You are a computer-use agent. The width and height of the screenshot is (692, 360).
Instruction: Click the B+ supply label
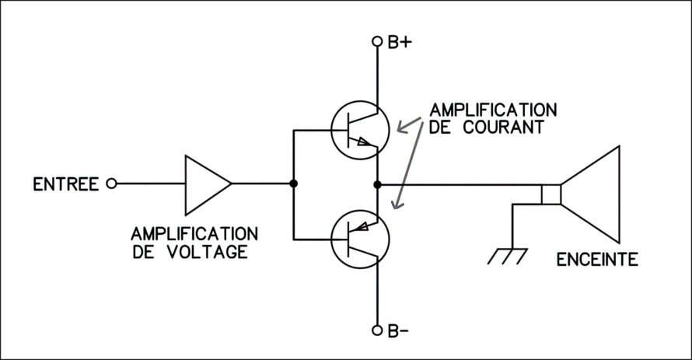click(x=400, y=42)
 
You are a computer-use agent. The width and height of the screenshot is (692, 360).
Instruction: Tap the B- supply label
click(x=398, y=331)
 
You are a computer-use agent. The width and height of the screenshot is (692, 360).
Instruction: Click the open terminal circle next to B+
click(x=377, y=41)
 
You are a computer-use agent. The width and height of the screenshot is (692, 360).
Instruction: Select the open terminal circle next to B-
click(x=377, y=330)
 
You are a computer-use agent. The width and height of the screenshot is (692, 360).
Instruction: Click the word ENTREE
click(x=66, y=184)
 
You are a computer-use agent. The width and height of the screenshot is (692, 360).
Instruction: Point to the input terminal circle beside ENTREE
click(x=112, y=183)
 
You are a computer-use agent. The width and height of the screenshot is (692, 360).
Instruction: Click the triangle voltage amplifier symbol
click(x=208, y=185)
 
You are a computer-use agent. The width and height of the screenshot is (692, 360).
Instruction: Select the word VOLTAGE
click(x=208, y=252)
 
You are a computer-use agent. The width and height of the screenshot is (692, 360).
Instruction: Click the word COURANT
click(x=504, y=127)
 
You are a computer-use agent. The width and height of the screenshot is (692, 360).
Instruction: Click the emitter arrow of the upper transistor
click(x=364, y=142)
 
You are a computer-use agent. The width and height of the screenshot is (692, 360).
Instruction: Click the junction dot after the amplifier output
click(x=293, y=183)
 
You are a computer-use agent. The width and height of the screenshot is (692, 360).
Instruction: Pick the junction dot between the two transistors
click(x=377, y=184)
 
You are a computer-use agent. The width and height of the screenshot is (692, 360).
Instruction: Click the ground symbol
click(x=508, y=257)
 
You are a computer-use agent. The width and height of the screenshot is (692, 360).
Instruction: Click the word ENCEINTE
click(x=597, y=260)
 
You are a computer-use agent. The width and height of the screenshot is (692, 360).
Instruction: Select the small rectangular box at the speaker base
click(x=551, y=194)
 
